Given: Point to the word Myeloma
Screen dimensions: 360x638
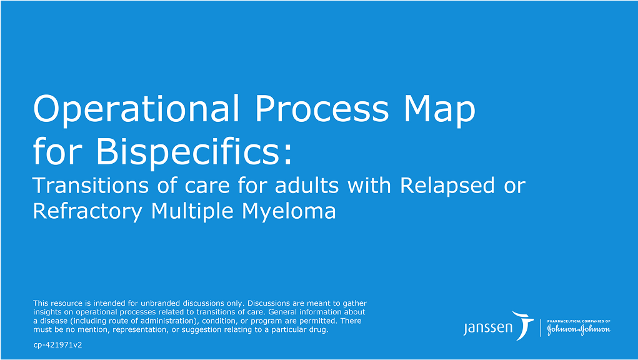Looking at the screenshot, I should point(288,211).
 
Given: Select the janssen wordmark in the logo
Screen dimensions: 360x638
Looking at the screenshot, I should point(488,327).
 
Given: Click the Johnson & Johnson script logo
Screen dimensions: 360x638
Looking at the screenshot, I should point(579,329).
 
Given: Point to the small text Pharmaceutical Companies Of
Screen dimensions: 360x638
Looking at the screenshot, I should point(579,321).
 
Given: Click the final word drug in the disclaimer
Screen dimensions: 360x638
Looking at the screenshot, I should point(318,329).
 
